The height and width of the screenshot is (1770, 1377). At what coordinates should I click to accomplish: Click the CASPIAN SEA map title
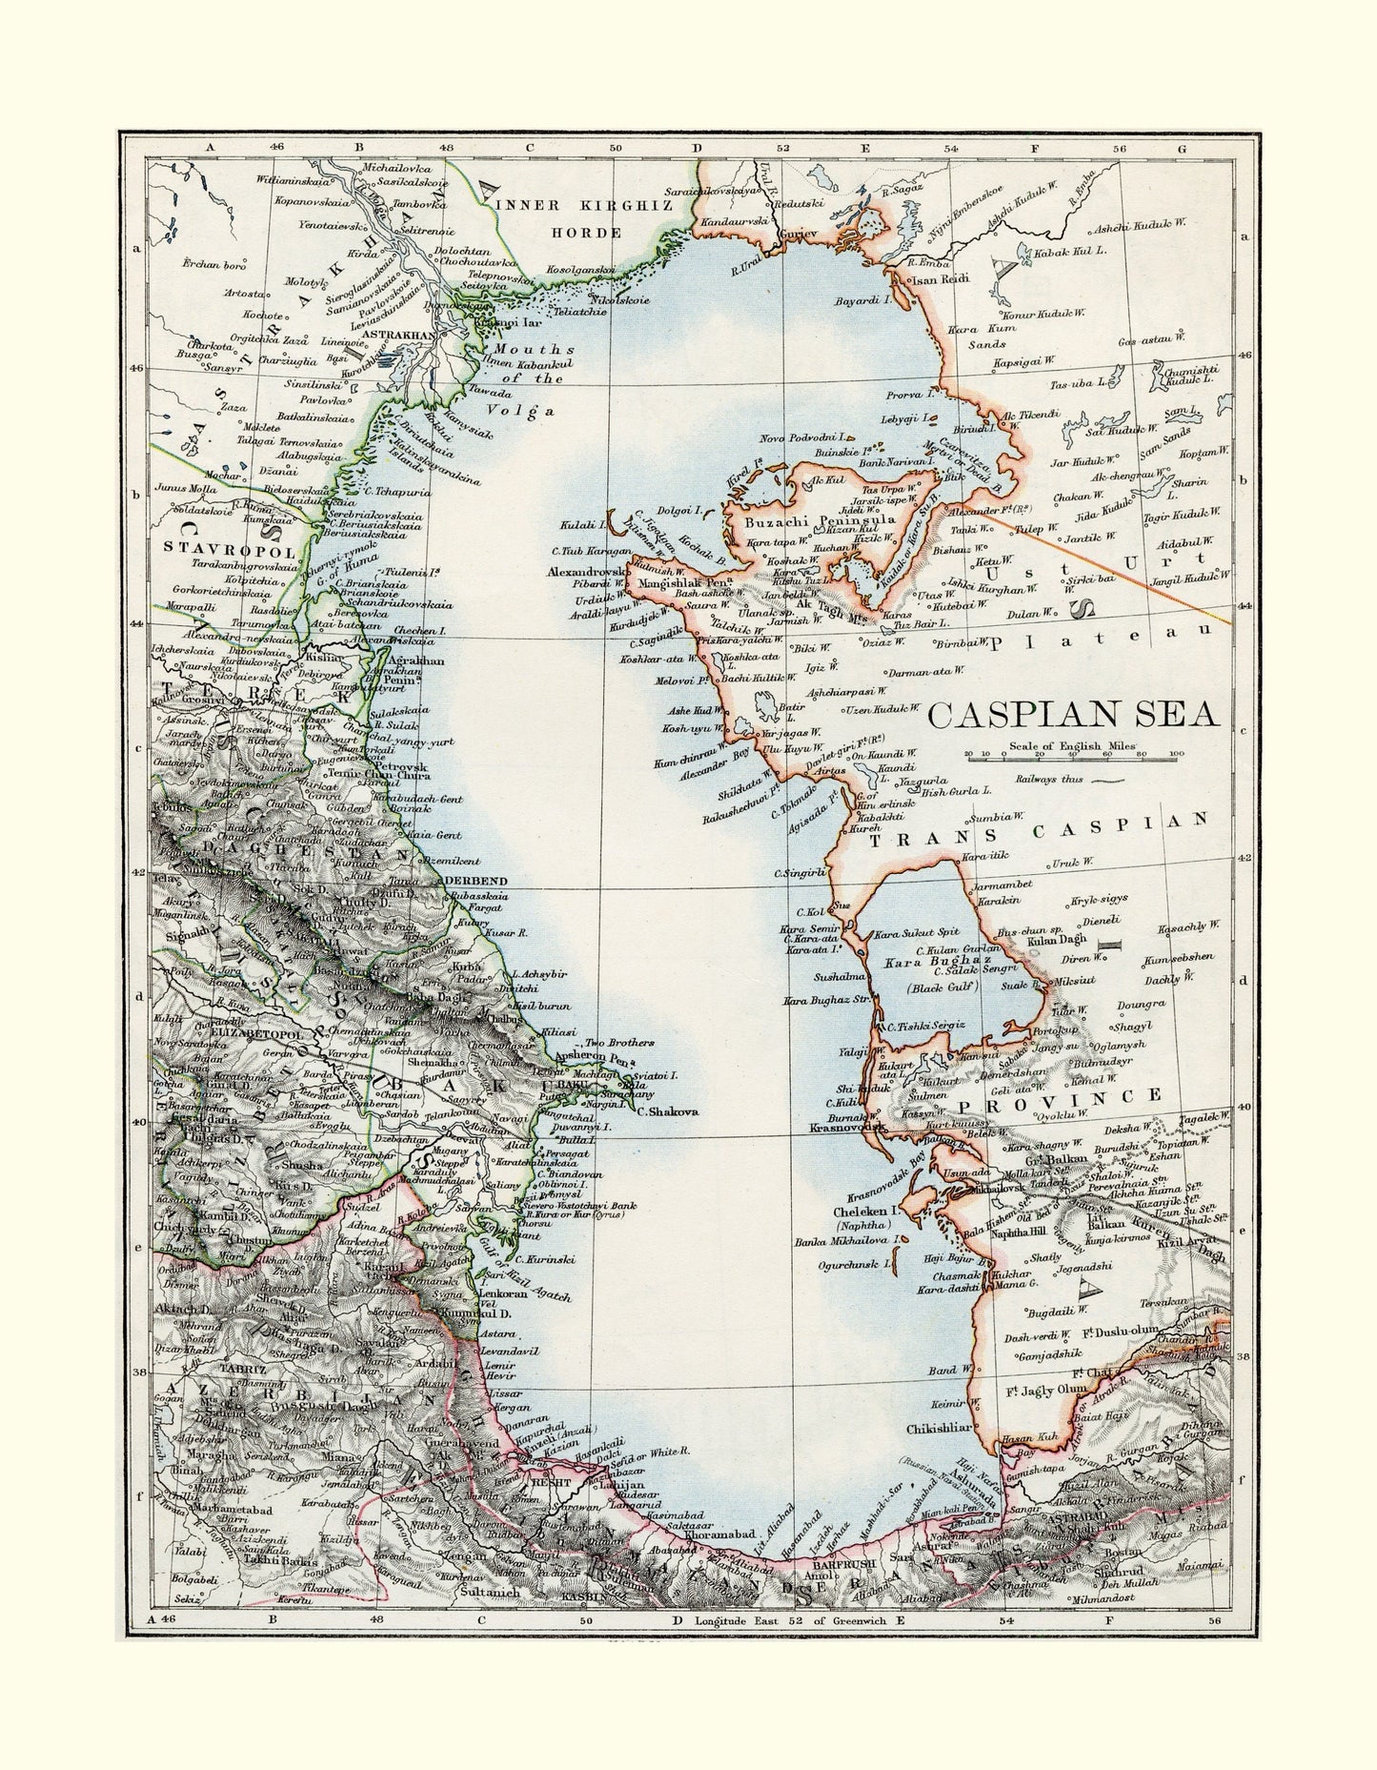pyautogui.click(x=1074, y=715)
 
